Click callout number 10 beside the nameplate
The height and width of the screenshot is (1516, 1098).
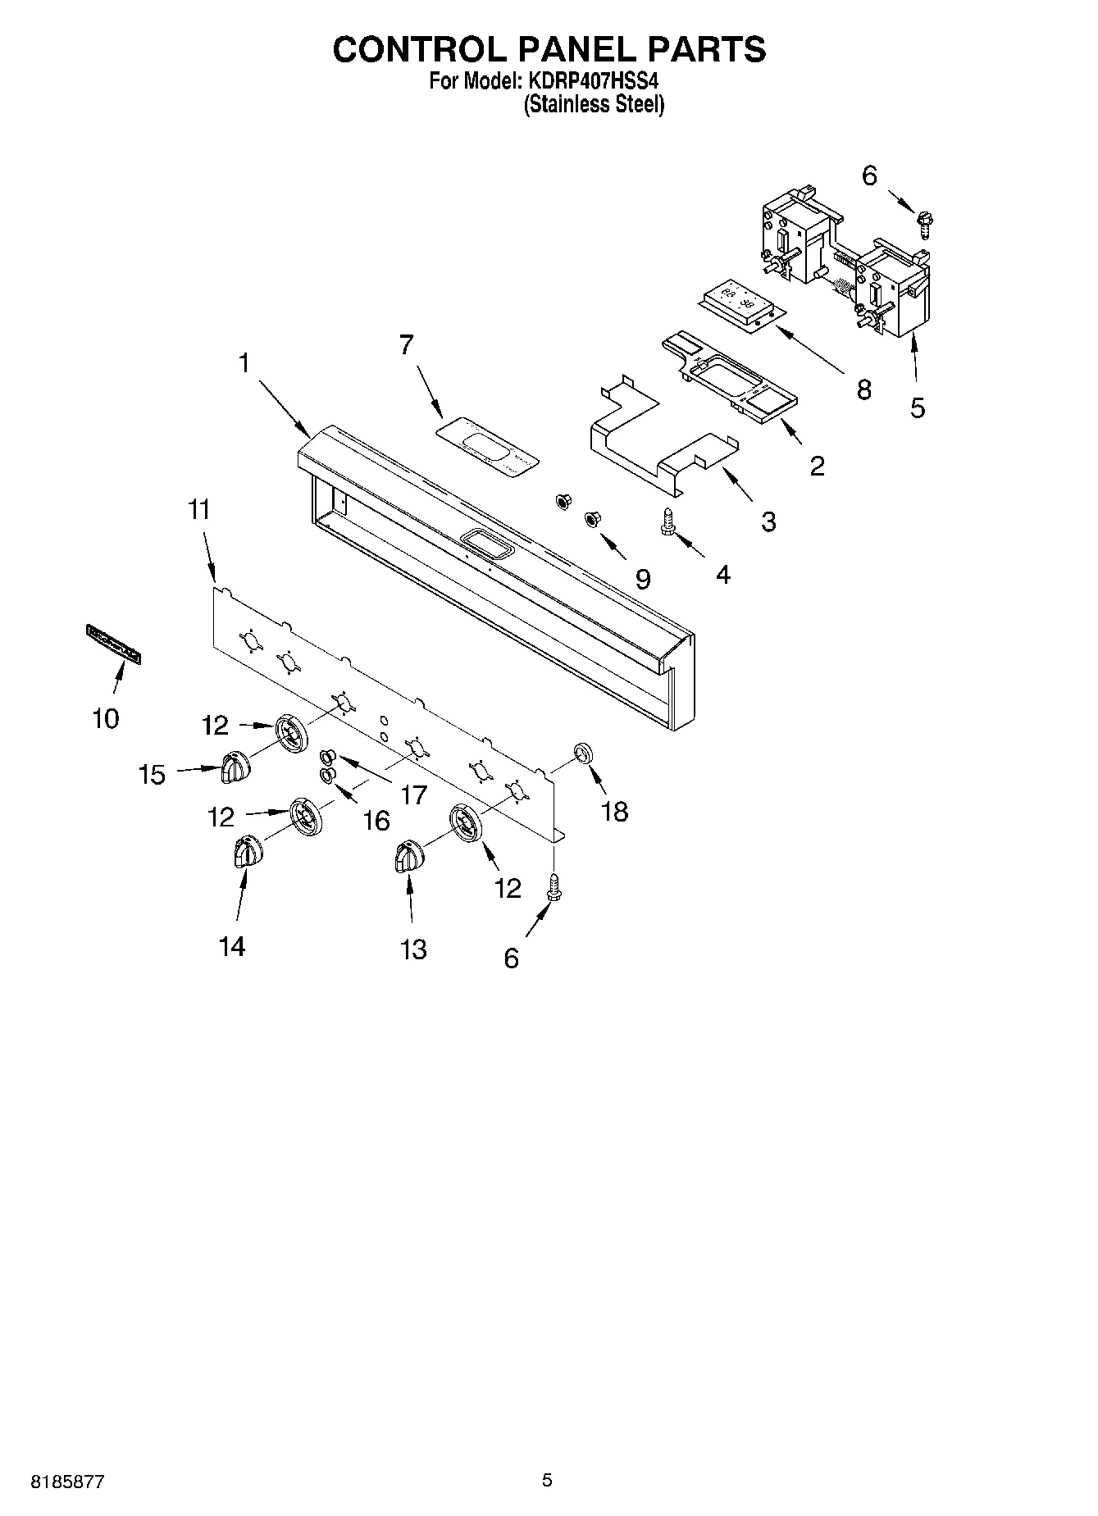pos(106,719)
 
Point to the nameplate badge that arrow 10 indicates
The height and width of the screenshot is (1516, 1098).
pos(113,642)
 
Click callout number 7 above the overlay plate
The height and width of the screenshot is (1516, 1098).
pos(407,345)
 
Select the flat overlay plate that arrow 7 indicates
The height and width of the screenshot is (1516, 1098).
pos(488,450)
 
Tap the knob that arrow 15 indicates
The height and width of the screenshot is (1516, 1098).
pos(235,767)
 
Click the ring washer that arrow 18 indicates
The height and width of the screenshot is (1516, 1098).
pos(583,752)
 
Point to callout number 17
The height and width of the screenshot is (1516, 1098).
pos(414,794)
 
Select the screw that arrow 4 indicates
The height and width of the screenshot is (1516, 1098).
pos(667,523)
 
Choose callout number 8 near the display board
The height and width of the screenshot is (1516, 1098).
pos(863,389)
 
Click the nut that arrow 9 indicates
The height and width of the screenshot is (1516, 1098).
pos(590,519)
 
